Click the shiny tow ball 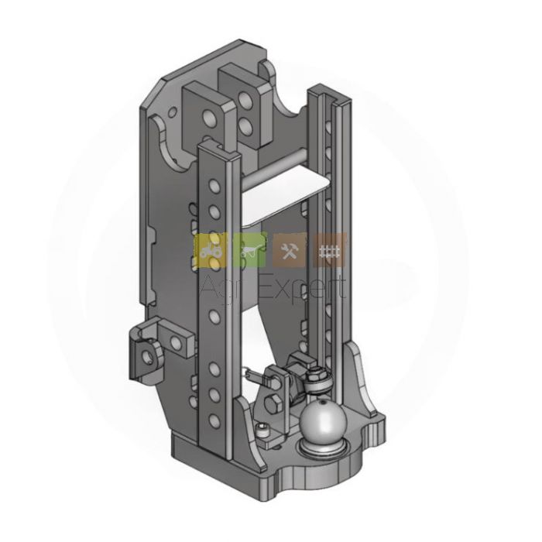coord(323,420)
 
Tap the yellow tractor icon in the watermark coord(211,250)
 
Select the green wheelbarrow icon coord(250,250)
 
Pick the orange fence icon coord(329,250)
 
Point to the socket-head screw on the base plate coord(262,430)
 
